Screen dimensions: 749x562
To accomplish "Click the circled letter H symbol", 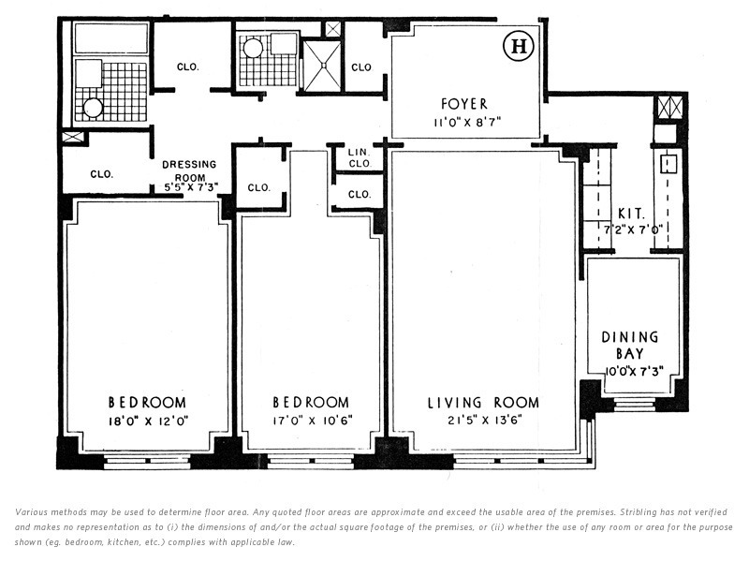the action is click(x=519, y=47).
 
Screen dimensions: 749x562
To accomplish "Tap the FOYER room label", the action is click(x=464, y=104).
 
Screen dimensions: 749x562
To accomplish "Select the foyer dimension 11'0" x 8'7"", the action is click(x=466, y=123).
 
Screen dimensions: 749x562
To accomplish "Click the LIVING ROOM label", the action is click(x=483, y=403).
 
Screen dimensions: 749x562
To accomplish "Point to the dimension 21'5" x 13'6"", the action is click(x=484, y=421).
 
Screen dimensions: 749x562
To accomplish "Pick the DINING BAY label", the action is click(x=629, y=345).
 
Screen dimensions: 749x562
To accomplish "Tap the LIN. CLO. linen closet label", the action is click(x=360, y=157).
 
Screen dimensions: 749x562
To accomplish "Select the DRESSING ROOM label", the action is click(x=189, y=170).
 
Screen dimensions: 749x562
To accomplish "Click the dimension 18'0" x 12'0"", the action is click(x=148, y=421).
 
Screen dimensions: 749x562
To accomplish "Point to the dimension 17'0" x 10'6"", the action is click(x=313, y=421).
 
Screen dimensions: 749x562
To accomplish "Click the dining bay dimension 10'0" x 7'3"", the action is click(x=635, y=371).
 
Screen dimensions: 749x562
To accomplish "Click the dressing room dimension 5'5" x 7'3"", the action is click(x=191, y=187).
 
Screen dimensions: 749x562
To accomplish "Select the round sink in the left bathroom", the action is click(x=92, y=108).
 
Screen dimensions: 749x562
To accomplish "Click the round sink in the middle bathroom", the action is click(x=252, y=49).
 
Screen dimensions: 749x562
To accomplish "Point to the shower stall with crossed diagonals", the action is click(x=322, y=66).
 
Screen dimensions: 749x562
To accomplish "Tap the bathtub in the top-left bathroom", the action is click(x=111, y=37).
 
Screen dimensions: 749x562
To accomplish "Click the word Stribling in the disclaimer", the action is click(x=639, y=512).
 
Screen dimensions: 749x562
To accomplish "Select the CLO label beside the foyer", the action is click(x=361, y=67).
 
